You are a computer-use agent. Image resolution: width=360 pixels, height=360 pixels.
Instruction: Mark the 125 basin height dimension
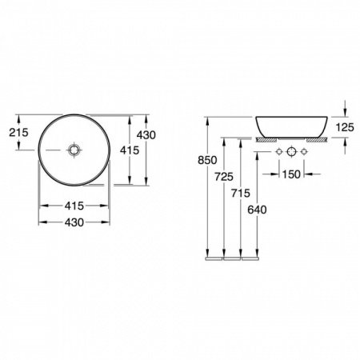click(x=344, y=126)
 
